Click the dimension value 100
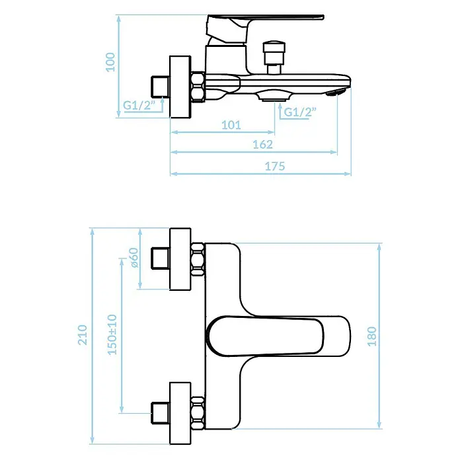pyautogui.click(x=110, y=62)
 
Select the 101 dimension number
pyautogui.click(x=231, y=126)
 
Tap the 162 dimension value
pyautogui.click(x=262, y=144)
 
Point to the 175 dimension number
pyautogui.click(x=275, y=167)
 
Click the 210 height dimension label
pyautogui.click(x=83, y=334)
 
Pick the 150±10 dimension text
pyautogui.click(x=112, y=334)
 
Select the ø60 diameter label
pyautogui.click(x=134, y=258)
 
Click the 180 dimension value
pyautogui.click(x=372, y=336)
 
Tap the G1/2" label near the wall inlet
pyautogui.click(x=139, y=104)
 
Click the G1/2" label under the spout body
pyautogui.click(x=301, y=112)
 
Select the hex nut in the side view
pyautogui.click(x=198, y=87)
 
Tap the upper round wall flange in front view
pyautogui.click(x=180, y=259)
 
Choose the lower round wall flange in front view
pyautogui.click(x=180, y=413)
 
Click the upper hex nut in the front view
pyautogui.click(x=198, y=259)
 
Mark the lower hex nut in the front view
pyautogui.click(x=198, y=413)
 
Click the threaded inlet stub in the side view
pyautogui.click(x=160, y=87)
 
